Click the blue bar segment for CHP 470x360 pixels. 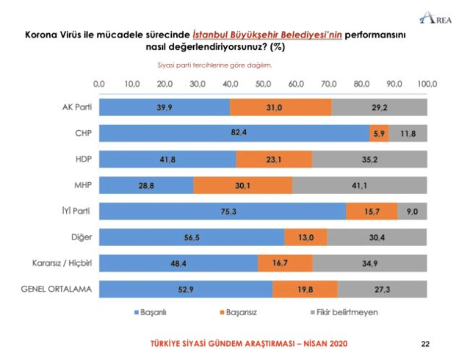tap(234, 133)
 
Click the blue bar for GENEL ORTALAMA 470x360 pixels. tap(186, 289)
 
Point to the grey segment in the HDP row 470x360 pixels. tap(369, 159)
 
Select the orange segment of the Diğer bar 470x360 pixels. tap(305, 237)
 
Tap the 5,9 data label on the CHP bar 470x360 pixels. tap(380, 133)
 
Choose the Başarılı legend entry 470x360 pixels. tap(151, 312)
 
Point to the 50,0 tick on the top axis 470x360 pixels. tap(262, 84)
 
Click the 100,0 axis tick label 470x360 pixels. tap(427, 84)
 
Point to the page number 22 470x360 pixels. tap(424, 343)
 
